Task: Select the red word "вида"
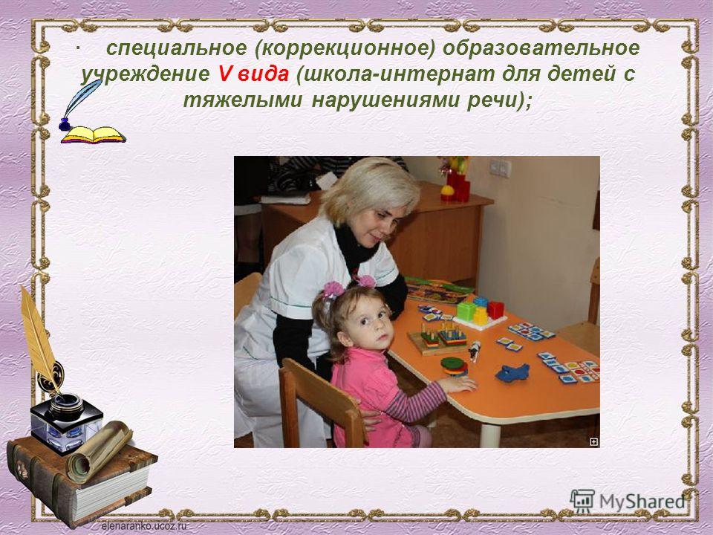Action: point(263,74)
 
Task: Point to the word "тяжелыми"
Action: point(242,100)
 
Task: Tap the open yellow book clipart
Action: point(94,135)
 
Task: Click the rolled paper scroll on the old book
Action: point(99,451)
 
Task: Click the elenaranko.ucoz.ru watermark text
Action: point(144,526)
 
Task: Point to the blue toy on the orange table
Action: point(512,372)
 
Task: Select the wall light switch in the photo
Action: point(500,168)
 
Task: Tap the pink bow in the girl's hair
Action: point(333,290)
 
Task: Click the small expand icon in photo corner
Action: point(593,441)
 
